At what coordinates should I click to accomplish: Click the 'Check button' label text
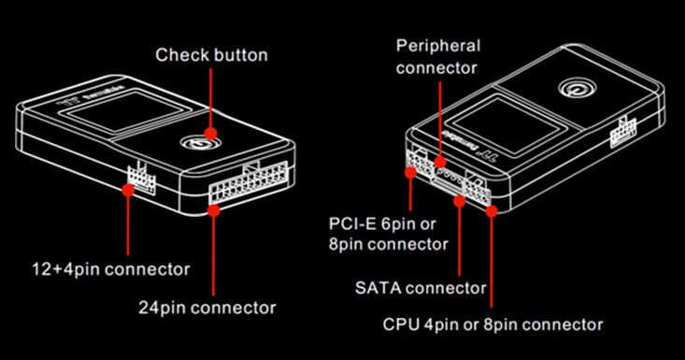[211, 54]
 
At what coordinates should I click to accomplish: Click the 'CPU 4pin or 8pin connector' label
[493, 324]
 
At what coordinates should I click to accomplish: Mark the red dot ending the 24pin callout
[214, 210]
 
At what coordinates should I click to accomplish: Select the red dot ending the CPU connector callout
[492, 210]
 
